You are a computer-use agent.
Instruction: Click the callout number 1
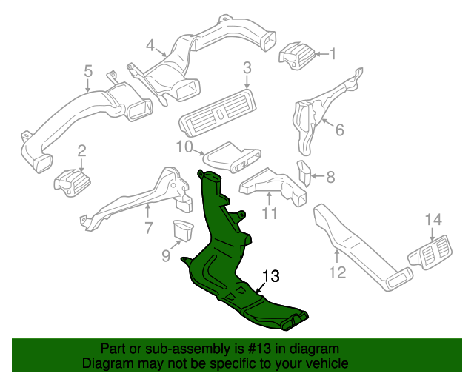333,53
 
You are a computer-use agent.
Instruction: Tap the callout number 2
82,151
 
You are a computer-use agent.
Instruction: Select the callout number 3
247,70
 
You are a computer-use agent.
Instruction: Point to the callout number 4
150,46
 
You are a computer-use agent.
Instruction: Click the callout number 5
87,72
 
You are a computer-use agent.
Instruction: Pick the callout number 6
340,130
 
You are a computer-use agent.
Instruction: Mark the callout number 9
165,256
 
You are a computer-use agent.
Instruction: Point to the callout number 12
337,273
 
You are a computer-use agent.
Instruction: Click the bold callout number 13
270,276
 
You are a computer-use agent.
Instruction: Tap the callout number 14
433,219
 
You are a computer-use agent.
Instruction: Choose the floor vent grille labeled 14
430,252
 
